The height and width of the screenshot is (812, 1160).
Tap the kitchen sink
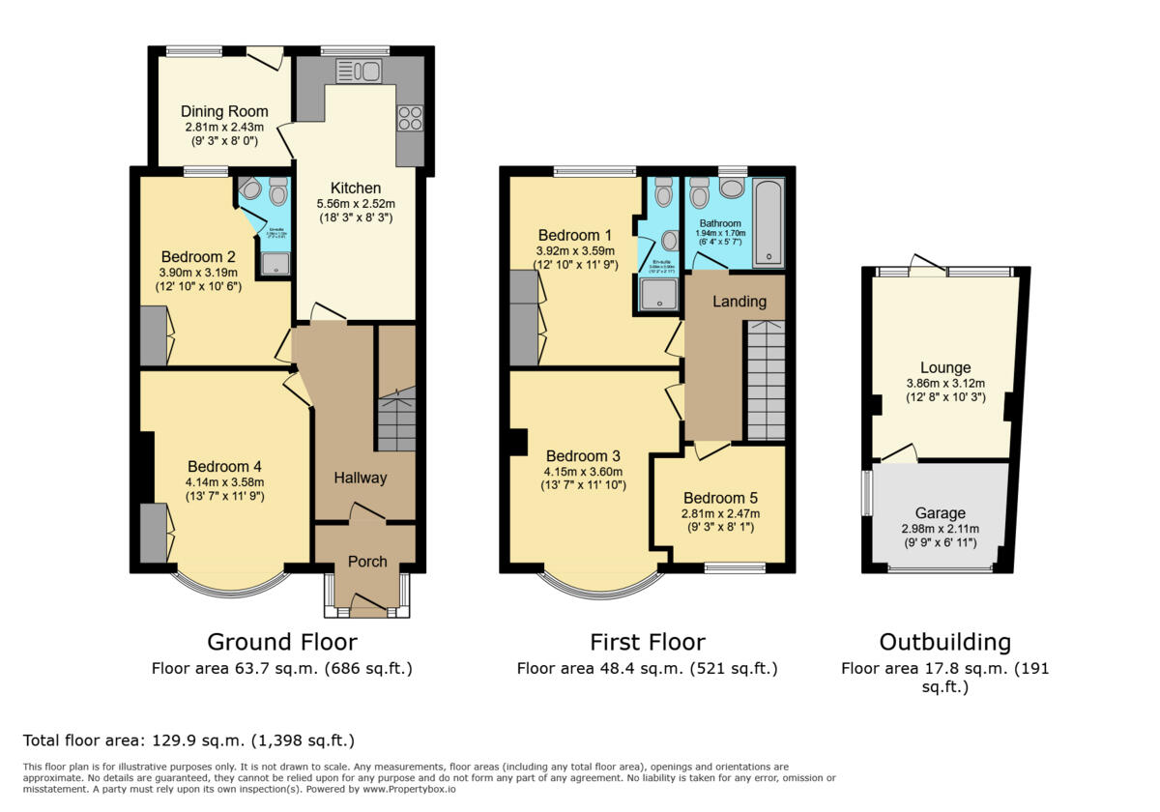coord(360,71)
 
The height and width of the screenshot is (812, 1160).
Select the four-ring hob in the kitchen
coord(409,118)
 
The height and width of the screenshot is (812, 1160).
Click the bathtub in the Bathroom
coord(768,221)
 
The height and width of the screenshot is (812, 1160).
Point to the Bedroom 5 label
coord(720,498)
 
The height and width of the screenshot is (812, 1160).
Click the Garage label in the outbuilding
coord(941,513)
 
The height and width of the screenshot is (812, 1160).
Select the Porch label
coord(367,562)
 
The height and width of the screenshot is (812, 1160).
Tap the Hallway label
coord(361,478)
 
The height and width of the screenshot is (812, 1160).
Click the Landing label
coord(739,302)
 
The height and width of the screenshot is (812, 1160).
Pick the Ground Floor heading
coord(282,642)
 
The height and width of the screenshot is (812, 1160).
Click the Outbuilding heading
coord(944,642)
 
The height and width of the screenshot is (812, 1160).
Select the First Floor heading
coord(647,642)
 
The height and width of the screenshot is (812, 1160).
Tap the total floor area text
coord(188,741)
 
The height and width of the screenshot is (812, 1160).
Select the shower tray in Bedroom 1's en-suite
coord(657,294)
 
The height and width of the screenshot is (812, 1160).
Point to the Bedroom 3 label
coord(583,456)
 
